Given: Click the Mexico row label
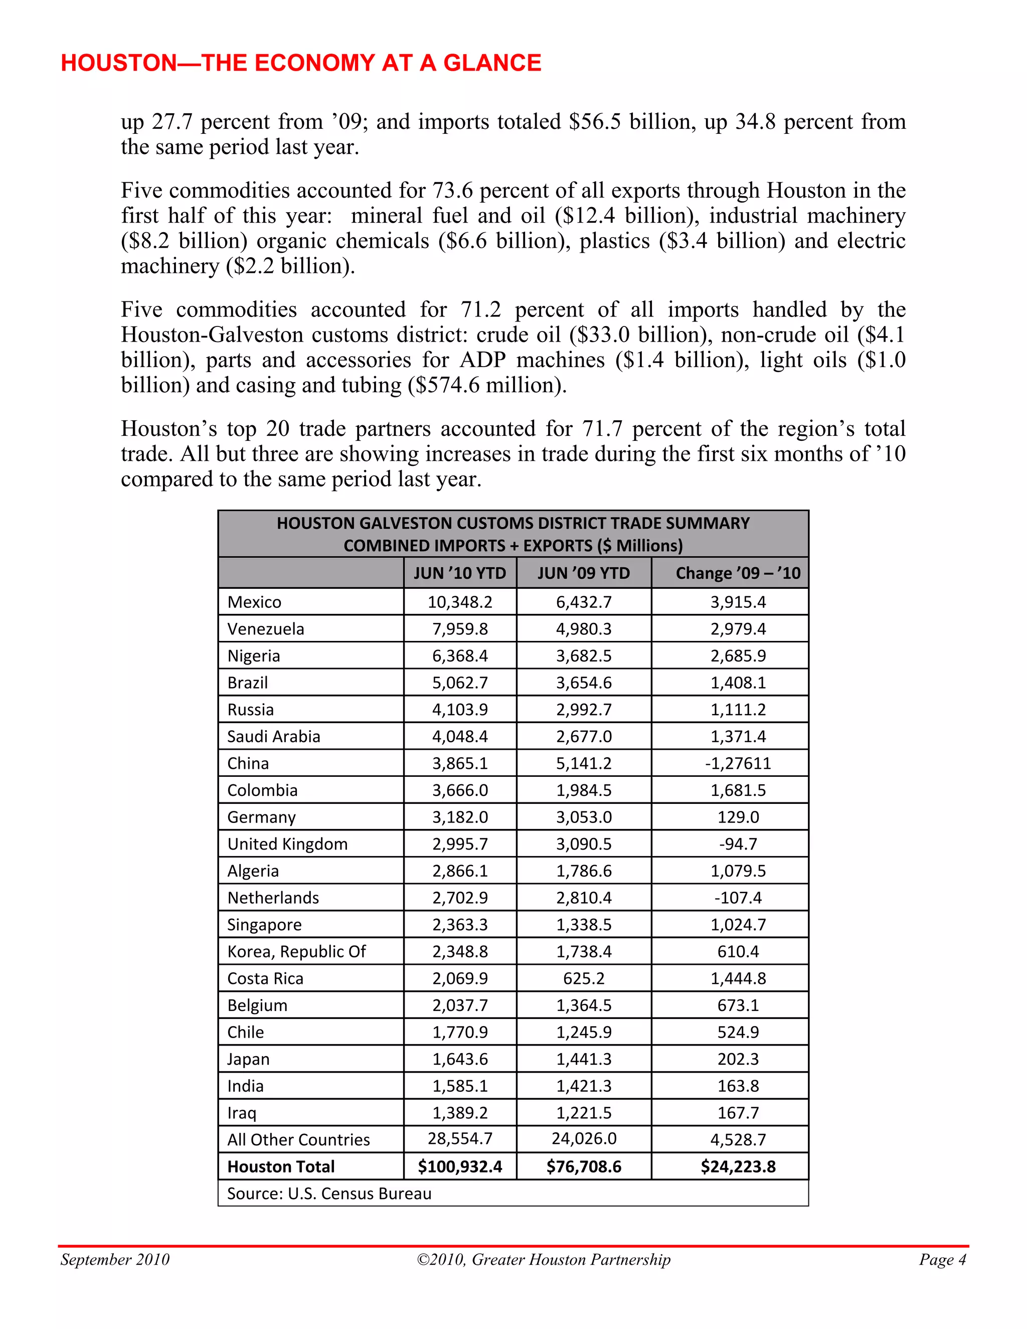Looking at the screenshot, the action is pyautogui.click(x=254, y=602).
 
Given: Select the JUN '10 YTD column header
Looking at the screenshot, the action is pyautogui.click(x=460, y=573).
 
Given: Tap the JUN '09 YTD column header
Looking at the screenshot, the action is pyautogui.click(x=584, y=573).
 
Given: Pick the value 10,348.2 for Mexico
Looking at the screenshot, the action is pyautogui.click(x=460, y=602).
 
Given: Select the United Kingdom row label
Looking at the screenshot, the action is pyautogui.click(x=287, y=844).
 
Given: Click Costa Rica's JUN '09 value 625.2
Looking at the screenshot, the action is pyautogui.click(x=584, y=978).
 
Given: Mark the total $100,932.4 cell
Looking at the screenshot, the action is pyautogui.click(x=460, y=1167).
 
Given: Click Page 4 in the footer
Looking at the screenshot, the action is pyautogui.click(x=942, y=1260).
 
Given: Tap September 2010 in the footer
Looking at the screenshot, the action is pyautogui.click(x=115, y=1260).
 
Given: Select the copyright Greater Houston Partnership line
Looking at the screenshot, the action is pyautogui.click(x=543, y=1260).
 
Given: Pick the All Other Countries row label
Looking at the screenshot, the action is pyautogui.click(x=298, y=1140).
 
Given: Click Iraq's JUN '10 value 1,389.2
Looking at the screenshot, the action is pyautogui.click(x=460, y=1113).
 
